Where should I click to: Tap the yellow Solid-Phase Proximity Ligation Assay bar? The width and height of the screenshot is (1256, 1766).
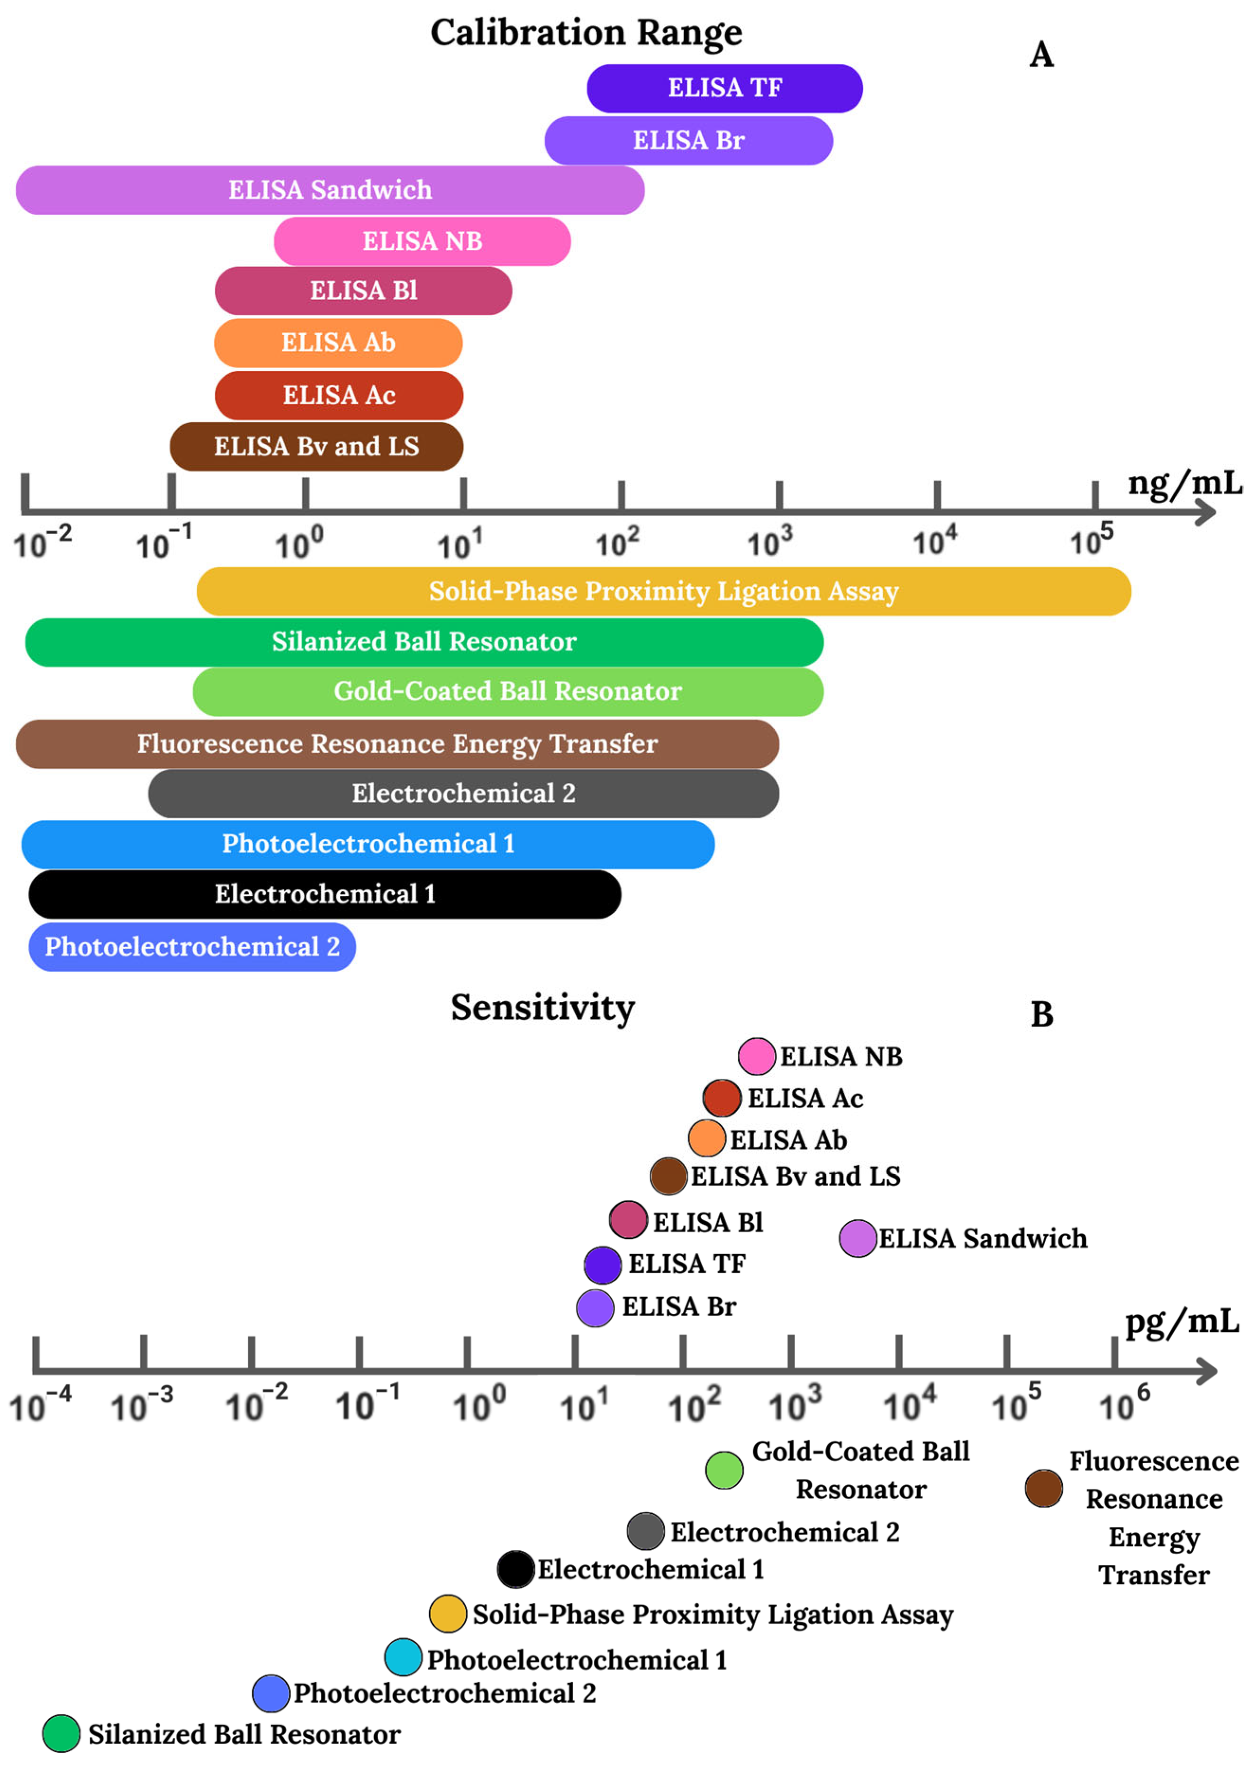coord(664,591)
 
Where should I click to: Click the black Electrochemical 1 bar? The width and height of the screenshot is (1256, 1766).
coord(325,894)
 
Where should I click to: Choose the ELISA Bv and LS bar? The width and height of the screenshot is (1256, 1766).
coord(316,446)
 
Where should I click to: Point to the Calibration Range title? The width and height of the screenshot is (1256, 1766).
coord(586,33)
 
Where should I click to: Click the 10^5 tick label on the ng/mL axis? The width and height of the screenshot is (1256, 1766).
coord(1091,539)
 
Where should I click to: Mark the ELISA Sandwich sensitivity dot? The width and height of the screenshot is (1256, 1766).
coord(858,1238)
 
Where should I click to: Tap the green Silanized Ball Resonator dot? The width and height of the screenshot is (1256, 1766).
coord(61,1733)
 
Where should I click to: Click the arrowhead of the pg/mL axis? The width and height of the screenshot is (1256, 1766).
coord(1207,1372)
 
